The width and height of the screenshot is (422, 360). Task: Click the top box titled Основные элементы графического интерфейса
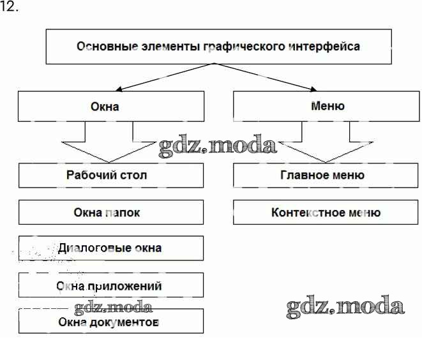click(218, 46)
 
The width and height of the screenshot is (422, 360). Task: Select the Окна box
click(110, 106)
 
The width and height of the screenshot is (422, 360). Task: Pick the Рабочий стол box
click(110, 176)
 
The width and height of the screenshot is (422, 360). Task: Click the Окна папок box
click(110, 213)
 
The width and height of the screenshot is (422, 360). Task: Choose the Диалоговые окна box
click(110, 248)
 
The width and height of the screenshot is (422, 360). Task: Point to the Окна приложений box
click(110, 285)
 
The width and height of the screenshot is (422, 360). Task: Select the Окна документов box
click(110, 321)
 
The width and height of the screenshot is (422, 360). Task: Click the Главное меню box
click(326, 176)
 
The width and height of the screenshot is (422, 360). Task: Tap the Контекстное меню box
click(326, 213)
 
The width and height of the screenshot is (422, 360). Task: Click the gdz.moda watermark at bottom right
click(345, 307)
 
